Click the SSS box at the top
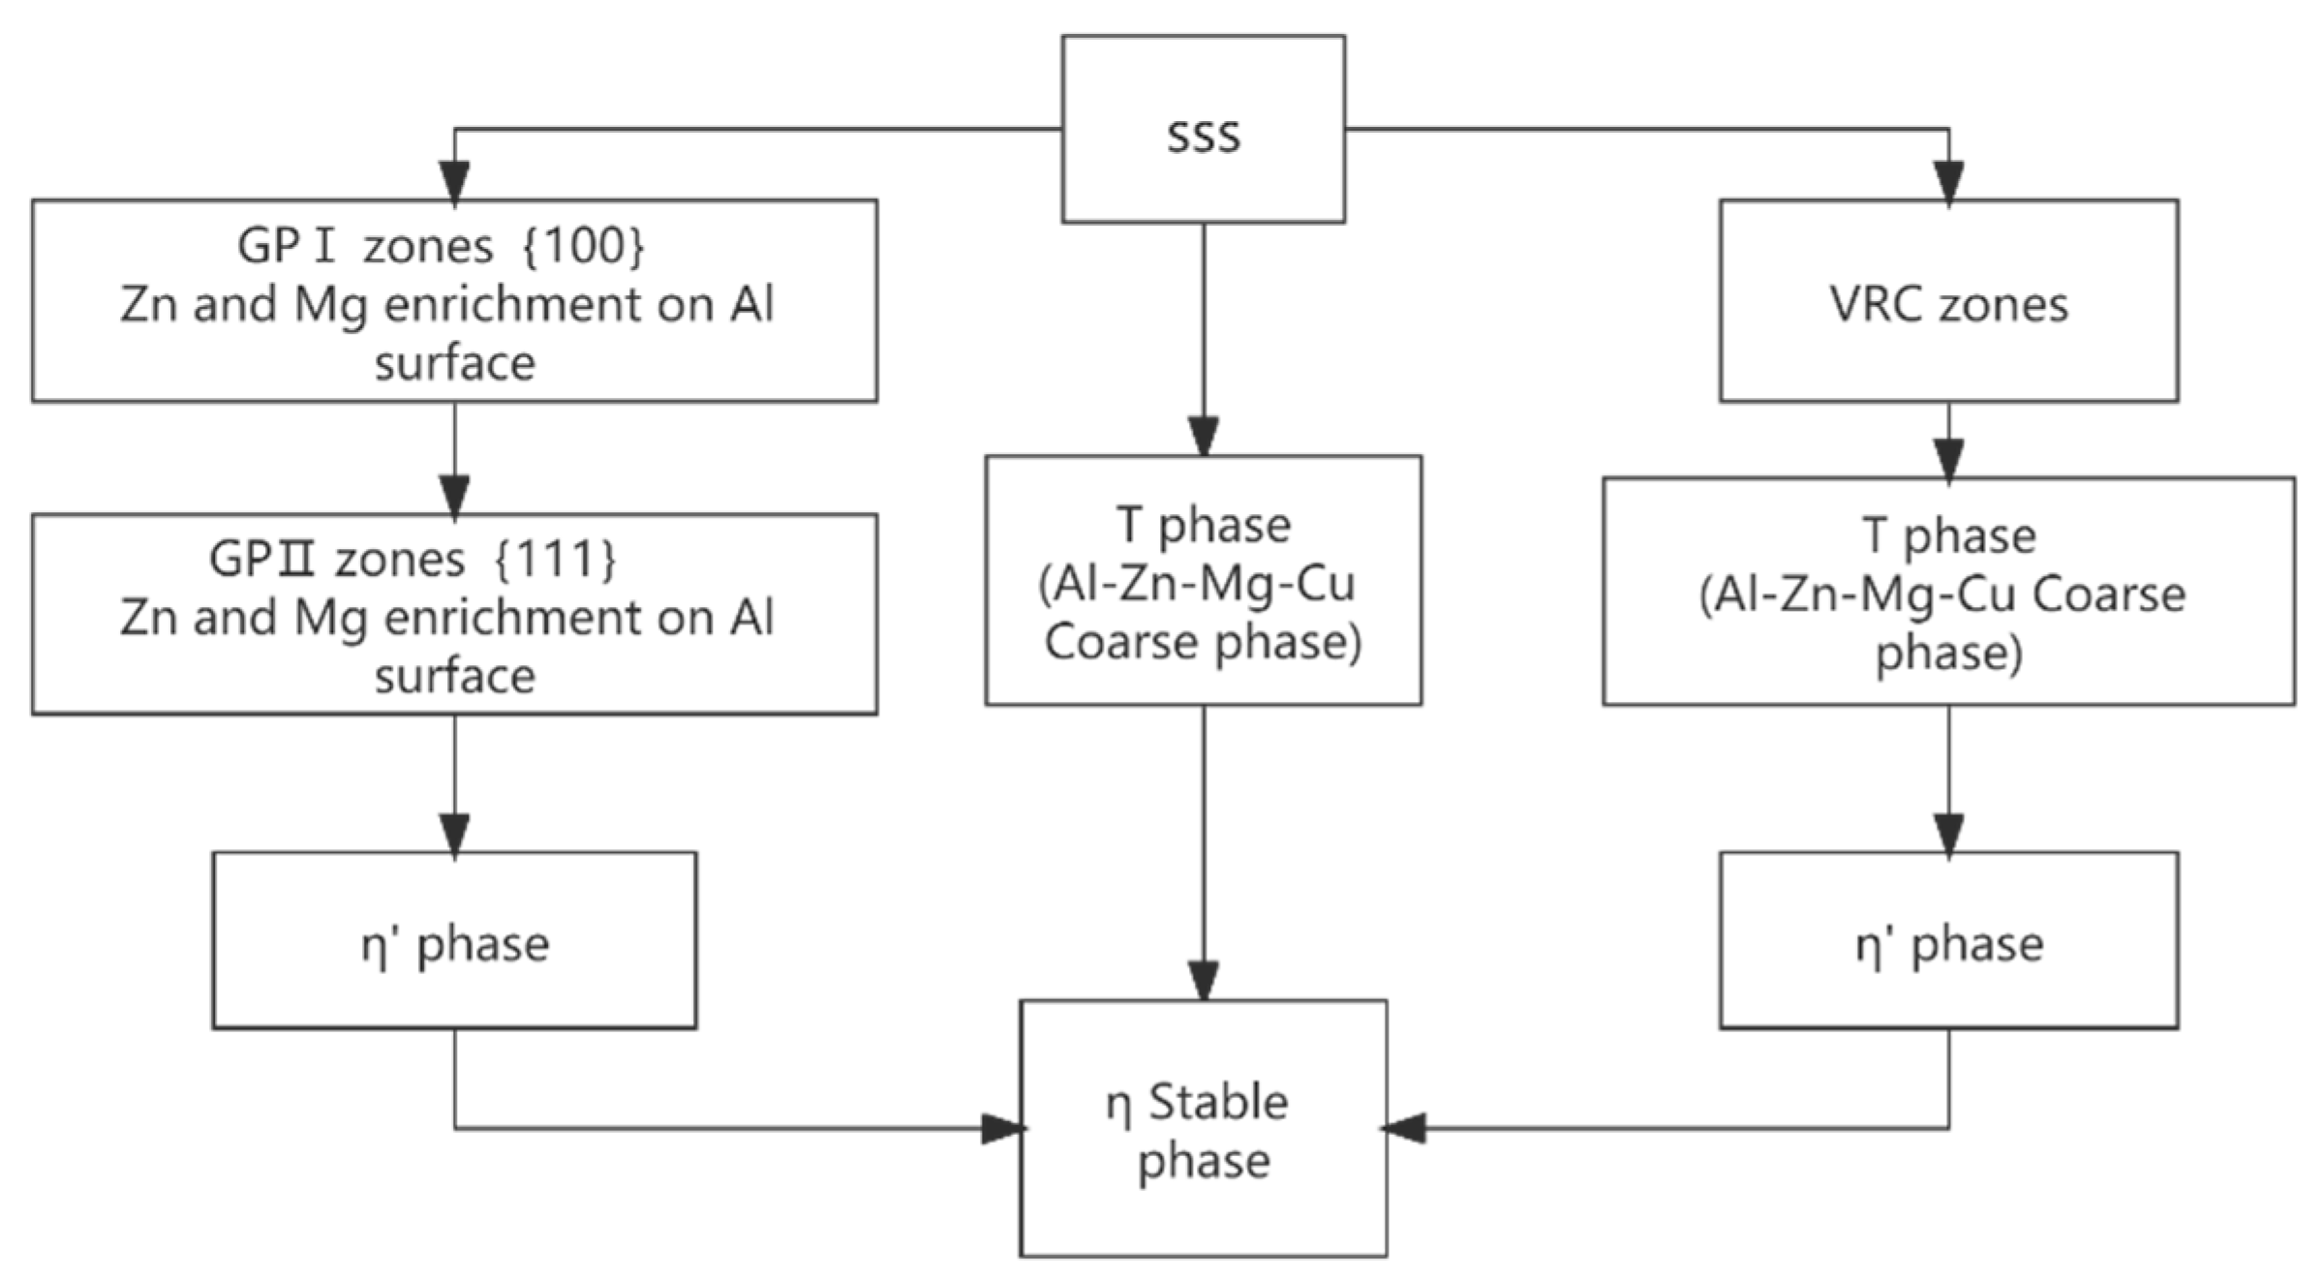(x=1203, y=130)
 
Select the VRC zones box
(x=1948, y=301)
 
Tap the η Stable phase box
(x=1203, y=1129)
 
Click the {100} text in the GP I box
(x=583, y=246)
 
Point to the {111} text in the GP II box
(x=555, y=559)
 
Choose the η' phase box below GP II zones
(x=454, y=940)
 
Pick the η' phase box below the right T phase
(x=1948, y=940)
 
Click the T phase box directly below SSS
(x=1204, y=580)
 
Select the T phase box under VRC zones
(x=1948, y=591)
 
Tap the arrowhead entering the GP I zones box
(x=454, y=183)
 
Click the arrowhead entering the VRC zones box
(x=1948, y=183)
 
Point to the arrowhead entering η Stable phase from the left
(x=1003, y=1129)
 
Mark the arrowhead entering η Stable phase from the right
(x=1402, y=1128)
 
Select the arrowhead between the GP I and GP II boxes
(x=454, y=497)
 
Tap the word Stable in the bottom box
(x=1218, y=1102)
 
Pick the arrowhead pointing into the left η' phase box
(x=454, y=836)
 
